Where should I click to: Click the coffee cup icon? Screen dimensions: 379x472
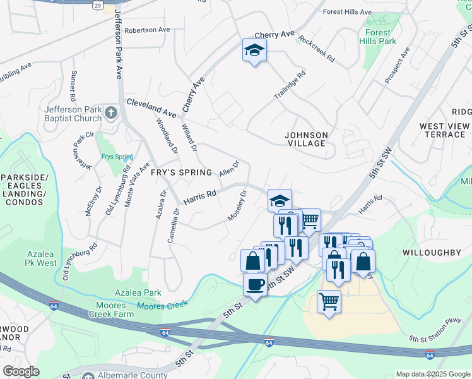(255, 284)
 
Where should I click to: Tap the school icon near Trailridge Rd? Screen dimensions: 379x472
(254, 51)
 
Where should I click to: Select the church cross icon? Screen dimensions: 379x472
(111, 114)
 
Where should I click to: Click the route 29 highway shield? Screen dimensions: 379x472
(97, 6)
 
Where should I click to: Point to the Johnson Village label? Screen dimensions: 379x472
(306, 139)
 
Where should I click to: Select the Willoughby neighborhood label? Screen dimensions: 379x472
(432, 252)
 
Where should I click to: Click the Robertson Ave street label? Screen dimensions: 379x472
(147, 30)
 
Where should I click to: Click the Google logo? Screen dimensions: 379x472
(21, 371)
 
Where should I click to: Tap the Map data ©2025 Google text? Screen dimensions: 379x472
(432, 374)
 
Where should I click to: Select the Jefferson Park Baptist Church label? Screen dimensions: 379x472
(73, 114)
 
